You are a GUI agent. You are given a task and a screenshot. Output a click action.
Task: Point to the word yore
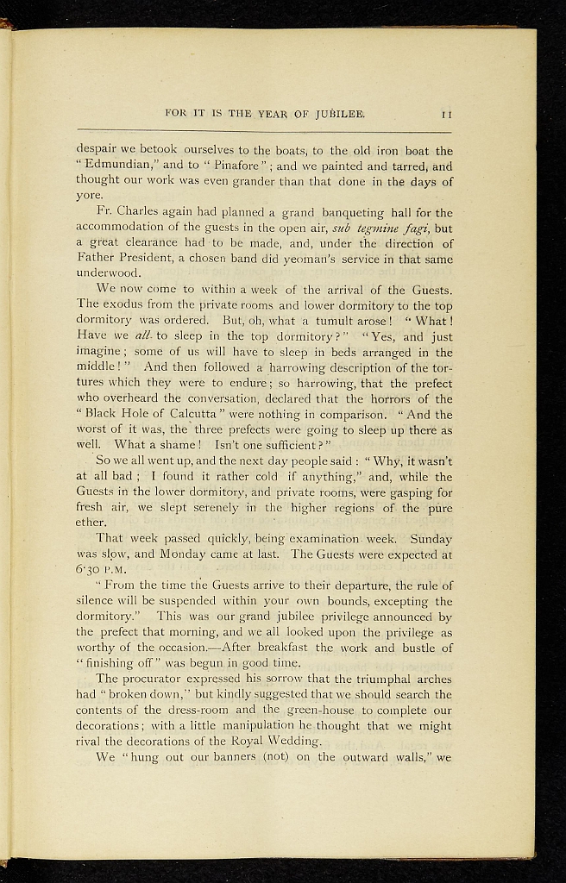(x=89, y=197)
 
